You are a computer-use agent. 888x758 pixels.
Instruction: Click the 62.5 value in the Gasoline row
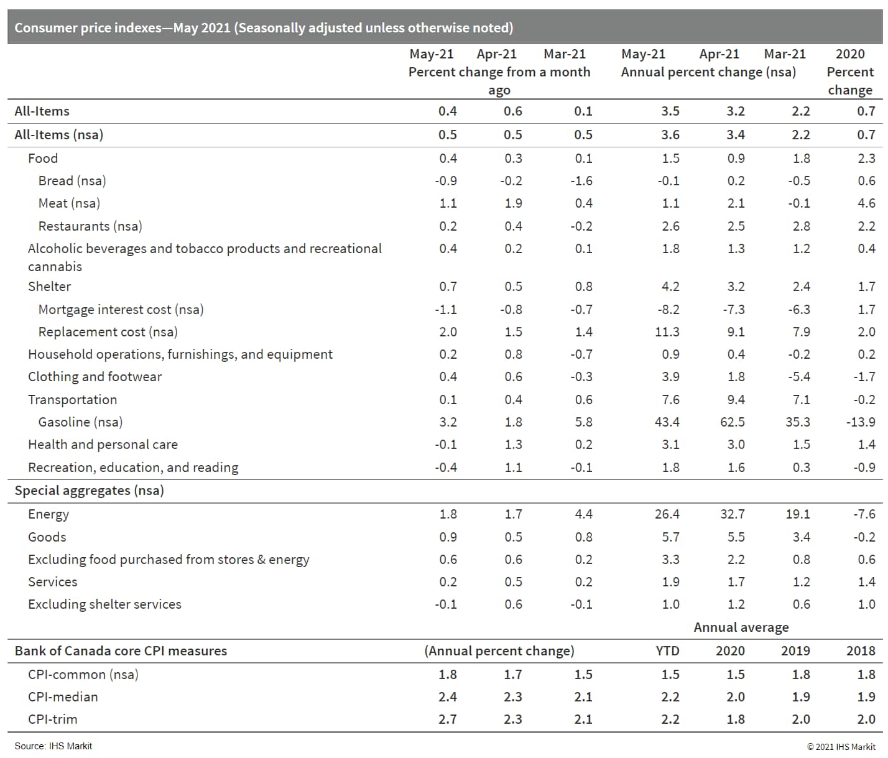[x=732, y=422]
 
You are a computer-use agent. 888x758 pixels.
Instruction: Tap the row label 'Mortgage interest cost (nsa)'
[x=121, y=310]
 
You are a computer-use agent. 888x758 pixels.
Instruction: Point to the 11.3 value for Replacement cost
[x=667, y=332]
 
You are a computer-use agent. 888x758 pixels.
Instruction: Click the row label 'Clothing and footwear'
[x=95, y=377]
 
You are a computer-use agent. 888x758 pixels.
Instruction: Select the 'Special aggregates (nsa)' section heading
[x=89, y=491]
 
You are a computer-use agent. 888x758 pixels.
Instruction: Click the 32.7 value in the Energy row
[x=732, y=514]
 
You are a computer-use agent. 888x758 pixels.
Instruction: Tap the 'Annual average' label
[x=741, y=627]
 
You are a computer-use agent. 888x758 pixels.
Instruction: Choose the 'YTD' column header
[x=667, y=651]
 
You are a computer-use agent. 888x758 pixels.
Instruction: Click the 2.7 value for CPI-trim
[x=447, y=719]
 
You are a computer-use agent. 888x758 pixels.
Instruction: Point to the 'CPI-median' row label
[x=63, y=697]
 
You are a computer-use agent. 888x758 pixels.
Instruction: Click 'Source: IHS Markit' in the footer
[x=53, y=746]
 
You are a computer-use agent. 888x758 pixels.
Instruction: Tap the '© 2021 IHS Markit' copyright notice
[x=841, y=747]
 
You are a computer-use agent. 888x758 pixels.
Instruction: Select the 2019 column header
[x=795, y=651]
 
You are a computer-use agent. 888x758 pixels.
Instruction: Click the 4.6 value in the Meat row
[x=866, y=203]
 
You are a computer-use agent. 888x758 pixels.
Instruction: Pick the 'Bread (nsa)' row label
[x=72, y=181]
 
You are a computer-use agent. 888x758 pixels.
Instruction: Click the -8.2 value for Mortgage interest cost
[x=668, y=310]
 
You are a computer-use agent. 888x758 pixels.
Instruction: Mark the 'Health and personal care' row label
[x=103, y=445]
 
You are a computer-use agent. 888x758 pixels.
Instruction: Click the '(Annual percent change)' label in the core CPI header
[x=499, y=651]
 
